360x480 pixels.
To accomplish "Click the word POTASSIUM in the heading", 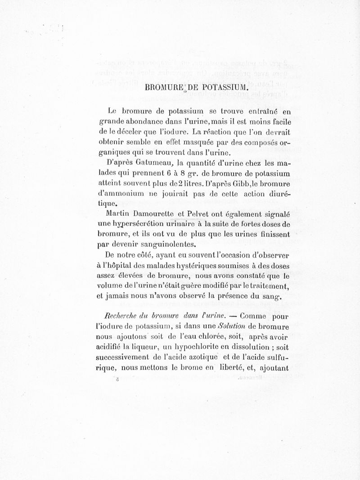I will tap(220, 87).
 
